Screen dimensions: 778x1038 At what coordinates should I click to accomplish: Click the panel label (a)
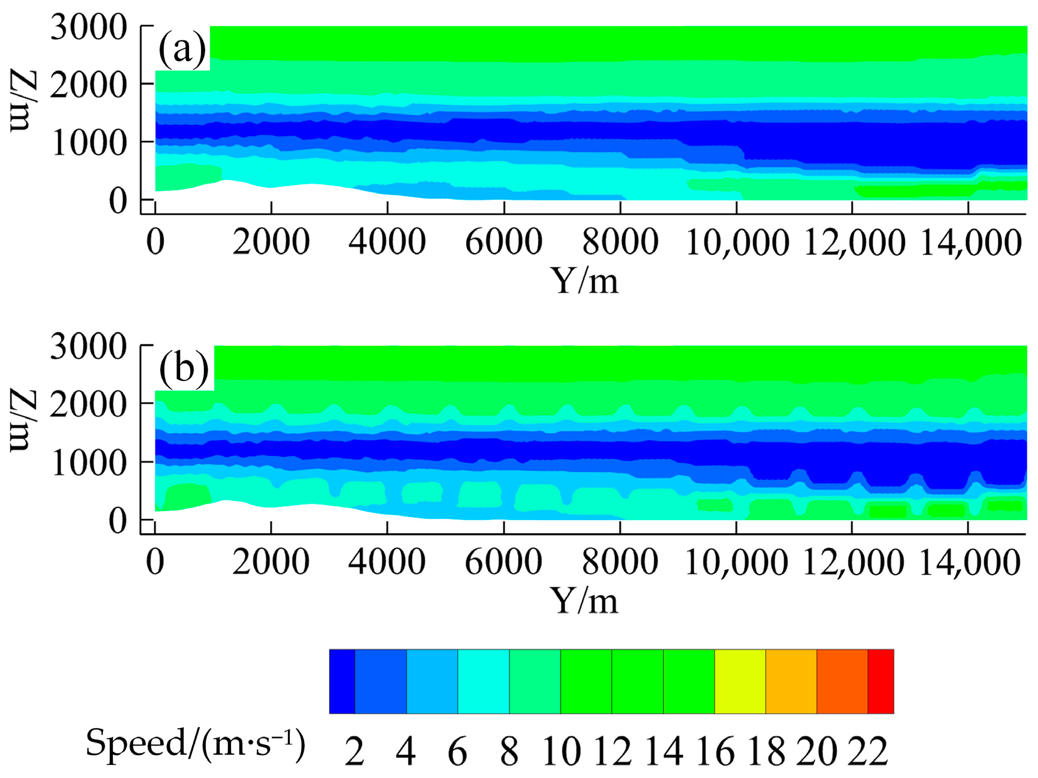(182, 49)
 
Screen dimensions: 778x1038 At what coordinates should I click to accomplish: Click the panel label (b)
(184, 368)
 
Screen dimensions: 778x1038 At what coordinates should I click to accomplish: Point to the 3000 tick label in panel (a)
(89, 28)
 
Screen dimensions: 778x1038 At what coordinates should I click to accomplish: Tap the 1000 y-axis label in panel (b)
(89, 462)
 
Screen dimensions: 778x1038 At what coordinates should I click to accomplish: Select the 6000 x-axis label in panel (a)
(503, 242)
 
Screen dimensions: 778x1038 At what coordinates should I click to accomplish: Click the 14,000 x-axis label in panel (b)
(970, 562)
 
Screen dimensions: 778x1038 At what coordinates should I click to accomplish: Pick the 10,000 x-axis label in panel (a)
(737, 242)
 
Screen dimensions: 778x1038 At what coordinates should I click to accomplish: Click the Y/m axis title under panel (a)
(584, 280)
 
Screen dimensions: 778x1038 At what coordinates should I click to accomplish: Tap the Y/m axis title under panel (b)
(584, 600)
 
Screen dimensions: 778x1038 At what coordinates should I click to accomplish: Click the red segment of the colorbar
(881, 681)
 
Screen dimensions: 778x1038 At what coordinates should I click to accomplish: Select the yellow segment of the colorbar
(740, 681)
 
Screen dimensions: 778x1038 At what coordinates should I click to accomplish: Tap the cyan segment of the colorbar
(483, 681)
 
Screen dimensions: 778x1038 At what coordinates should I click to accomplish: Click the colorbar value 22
(868, 751)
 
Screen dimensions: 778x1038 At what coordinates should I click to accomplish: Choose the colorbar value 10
(562, 751)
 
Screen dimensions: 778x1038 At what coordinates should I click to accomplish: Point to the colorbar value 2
(355, 751)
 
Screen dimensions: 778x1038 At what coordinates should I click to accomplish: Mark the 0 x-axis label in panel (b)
(155, 562)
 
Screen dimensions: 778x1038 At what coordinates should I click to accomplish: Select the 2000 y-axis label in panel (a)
(89, 85)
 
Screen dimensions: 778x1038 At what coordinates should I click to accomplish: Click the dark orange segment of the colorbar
(842, 681)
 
